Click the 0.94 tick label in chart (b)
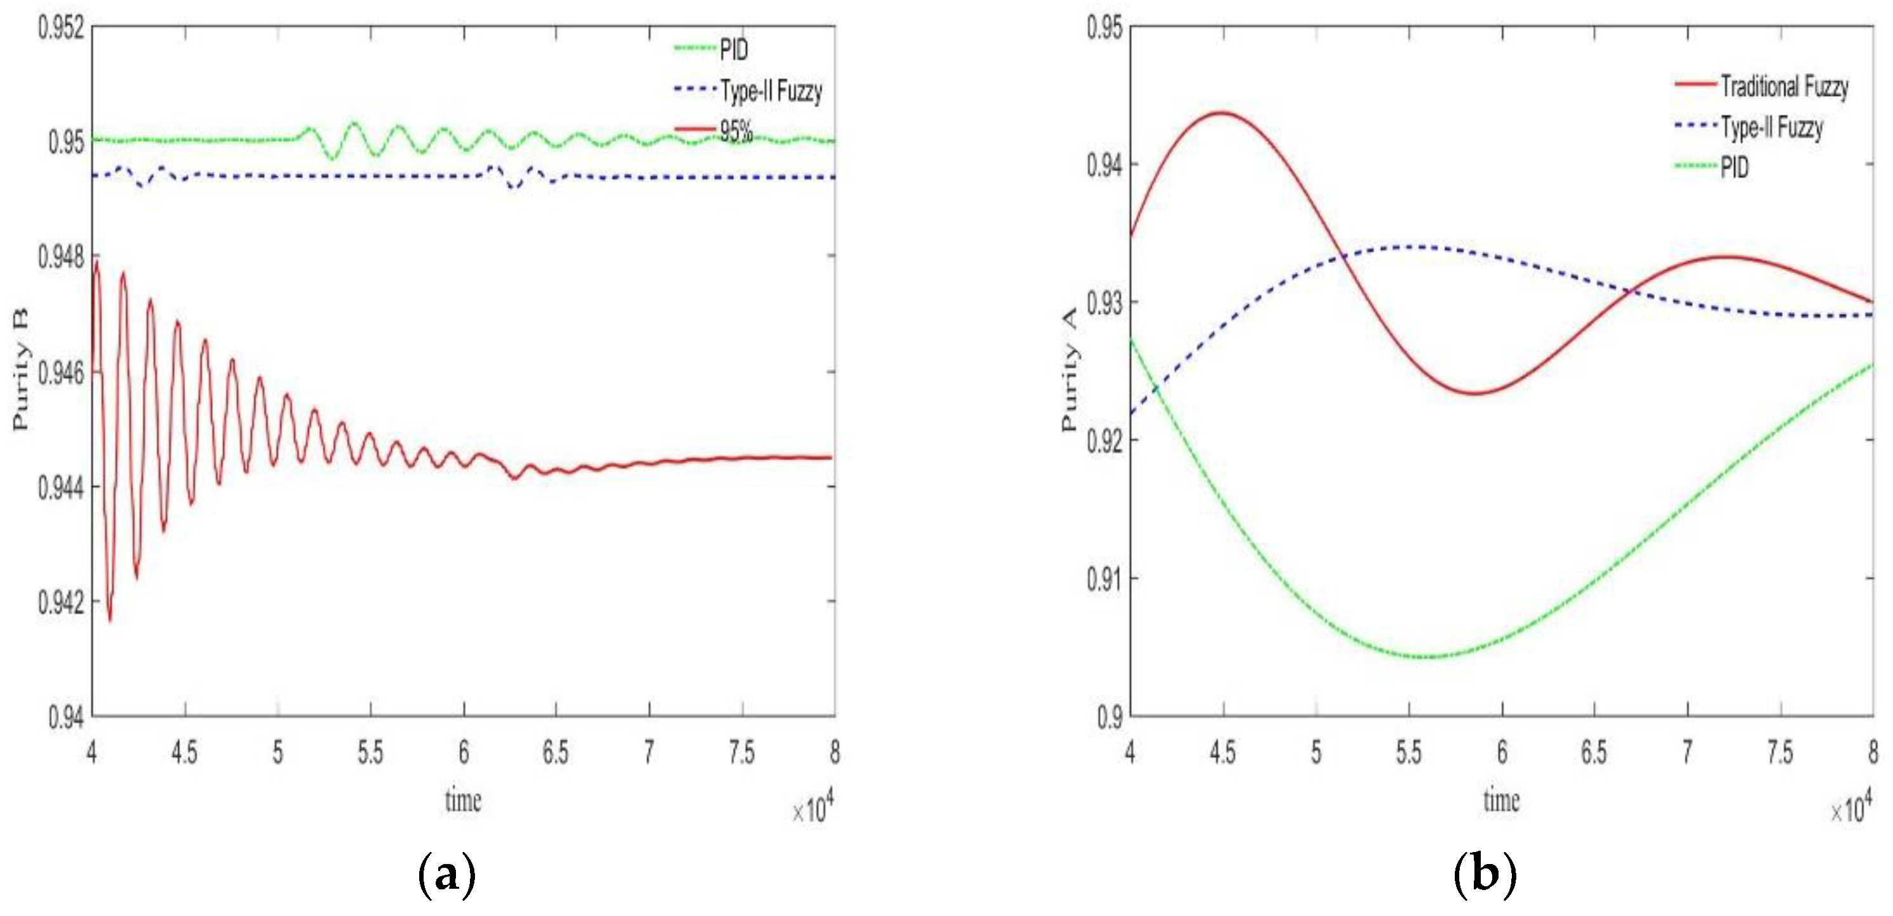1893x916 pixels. click(x=1105, y=165)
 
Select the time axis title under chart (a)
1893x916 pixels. click(x=463, y=800)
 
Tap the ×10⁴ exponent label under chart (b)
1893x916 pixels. click(x=1851, y=810)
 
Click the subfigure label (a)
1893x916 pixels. click(x=446, y=875)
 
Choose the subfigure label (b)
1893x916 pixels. click(x=1485, y=875)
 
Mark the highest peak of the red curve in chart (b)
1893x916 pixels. click(x=1221, y=112)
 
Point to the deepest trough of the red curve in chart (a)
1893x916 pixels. click(x=110, y=621)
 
